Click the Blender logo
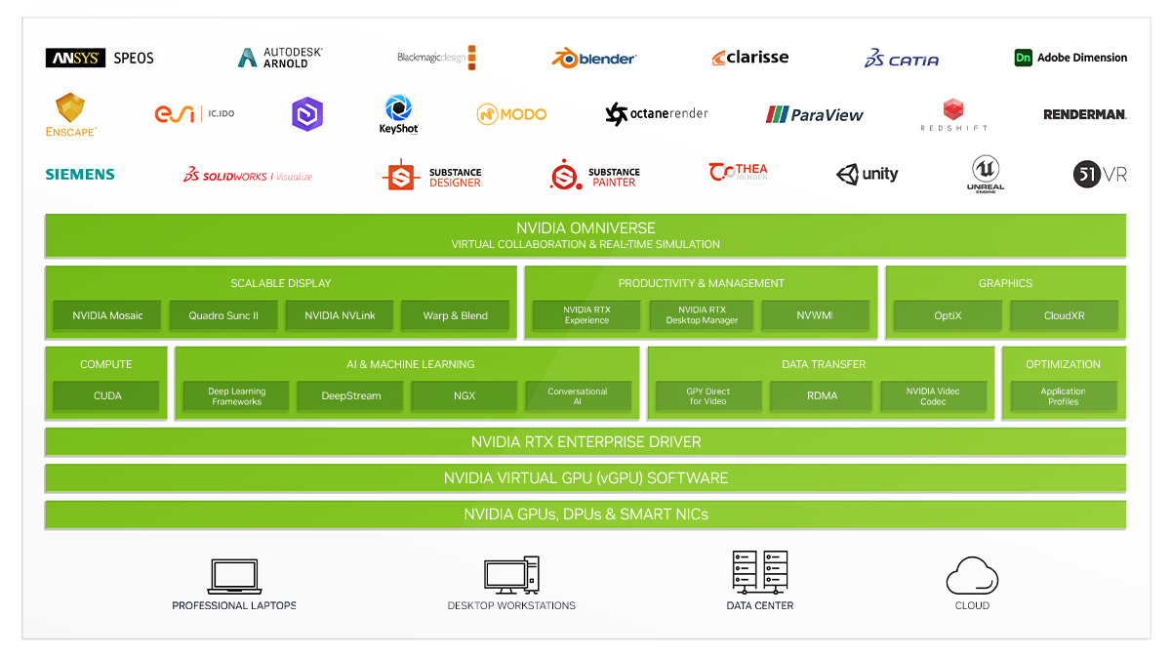(x=594, y=58)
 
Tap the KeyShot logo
(x=398, y=114)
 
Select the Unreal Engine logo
(x=986, y=174)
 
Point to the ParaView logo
(x=815, y=114)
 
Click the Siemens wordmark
(x=80, y=174)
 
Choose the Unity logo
(x=868, y=174)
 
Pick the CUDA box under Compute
(x=107, y=396)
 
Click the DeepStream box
(x=350, y=396)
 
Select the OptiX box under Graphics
(x=948, y=315)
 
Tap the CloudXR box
(x=1064, y=315)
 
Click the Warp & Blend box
(x=456, y=315)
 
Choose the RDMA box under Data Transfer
(x=822, y=396)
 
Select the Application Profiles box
(x=1063, y=396)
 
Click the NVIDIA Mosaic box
(x=107, y=315)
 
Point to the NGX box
(x=464, y=396)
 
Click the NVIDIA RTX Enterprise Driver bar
(x=585, y=442)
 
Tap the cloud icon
(x=972, y=575)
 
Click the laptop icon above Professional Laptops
(x=234, y=576)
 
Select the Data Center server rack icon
(x=759, y=572)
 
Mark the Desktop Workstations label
(x=511, y=605)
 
